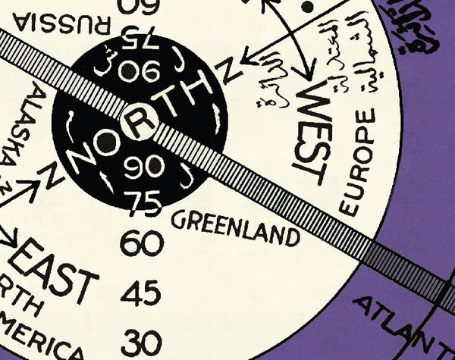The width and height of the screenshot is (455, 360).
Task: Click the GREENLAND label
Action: (235, 227)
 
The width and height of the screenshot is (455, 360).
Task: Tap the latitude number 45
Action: (142, 292)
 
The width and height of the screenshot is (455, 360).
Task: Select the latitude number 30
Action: (142, 339)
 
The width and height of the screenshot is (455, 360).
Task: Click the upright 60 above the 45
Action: (142, 244)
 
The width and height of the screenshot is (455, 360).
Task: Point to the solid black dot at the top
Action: (307, 5)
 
